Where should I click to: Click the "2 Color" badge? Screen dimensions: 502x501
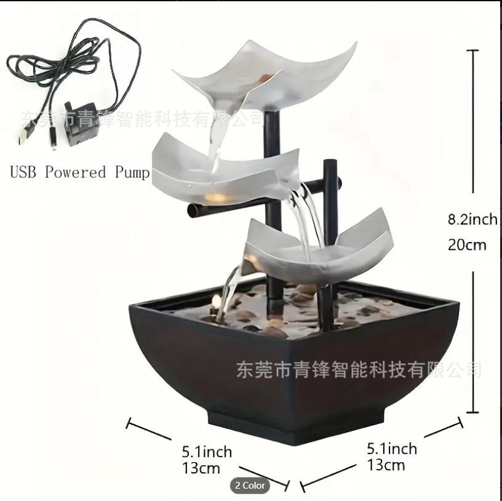250,486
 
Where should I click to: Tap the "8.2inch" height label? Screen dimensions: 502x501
472,219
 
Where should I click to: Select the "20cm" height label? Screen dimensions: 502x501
466,245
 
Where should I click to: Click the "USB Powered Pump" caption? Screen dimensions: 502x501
80,172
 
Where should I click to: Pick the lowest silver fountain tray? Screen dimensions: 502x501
320,246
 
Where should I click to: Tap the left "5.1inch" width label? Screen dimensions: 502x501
207,452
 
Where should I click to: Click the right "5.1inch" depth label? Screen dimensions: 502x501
391,449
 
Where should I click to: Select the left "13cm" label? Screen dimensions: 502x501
201,468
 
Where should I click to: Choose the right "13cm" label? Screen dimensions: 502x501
386,465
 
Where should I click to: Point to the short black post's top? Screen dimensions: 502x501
330,164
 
